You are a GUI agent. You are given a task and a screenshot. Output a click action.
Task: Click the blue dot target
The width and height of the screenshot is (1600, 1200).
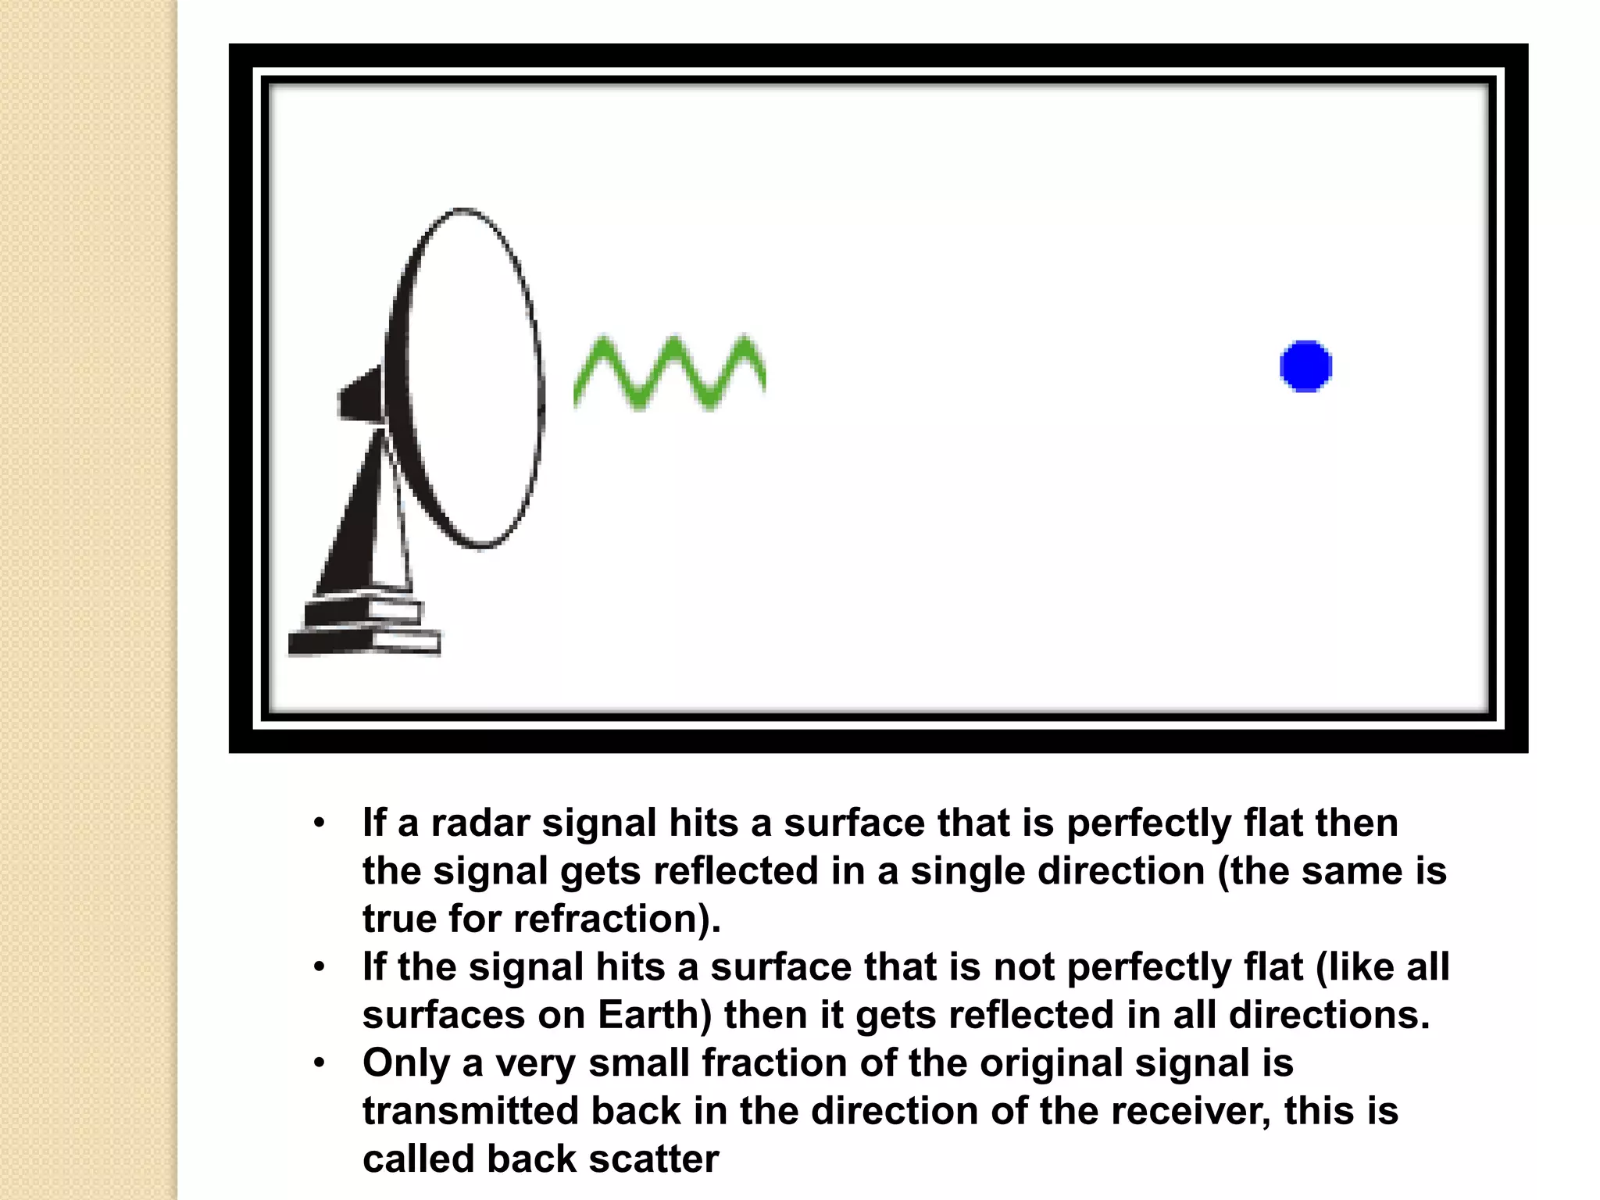click(x=1305, y=366)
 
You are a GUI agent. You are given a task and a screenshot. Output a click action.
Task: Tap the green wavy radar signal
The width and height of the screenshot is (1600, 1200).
click(x=670, y=373)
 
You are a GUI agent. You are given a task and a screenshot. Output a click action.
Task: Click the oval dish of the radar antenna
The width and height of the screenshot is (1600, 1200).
click(x=469, y=379)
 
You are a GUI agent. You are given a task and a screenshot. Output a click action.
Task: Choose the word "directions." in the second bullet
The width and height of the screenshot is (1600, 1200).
click(x=1329, y=1015)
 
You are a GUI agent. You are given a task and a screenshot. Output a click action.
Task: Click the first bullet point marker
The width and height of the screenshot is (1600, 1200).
click(x=319, y=823)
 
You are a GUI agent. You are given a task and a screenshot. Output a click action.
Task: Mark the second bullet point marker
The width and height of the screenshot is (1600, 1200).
click(x=319, y=967)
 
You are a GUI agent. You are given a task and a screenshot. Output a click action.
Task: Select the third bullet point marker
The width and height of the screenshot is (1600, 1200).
click(x=319, y=1063)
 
